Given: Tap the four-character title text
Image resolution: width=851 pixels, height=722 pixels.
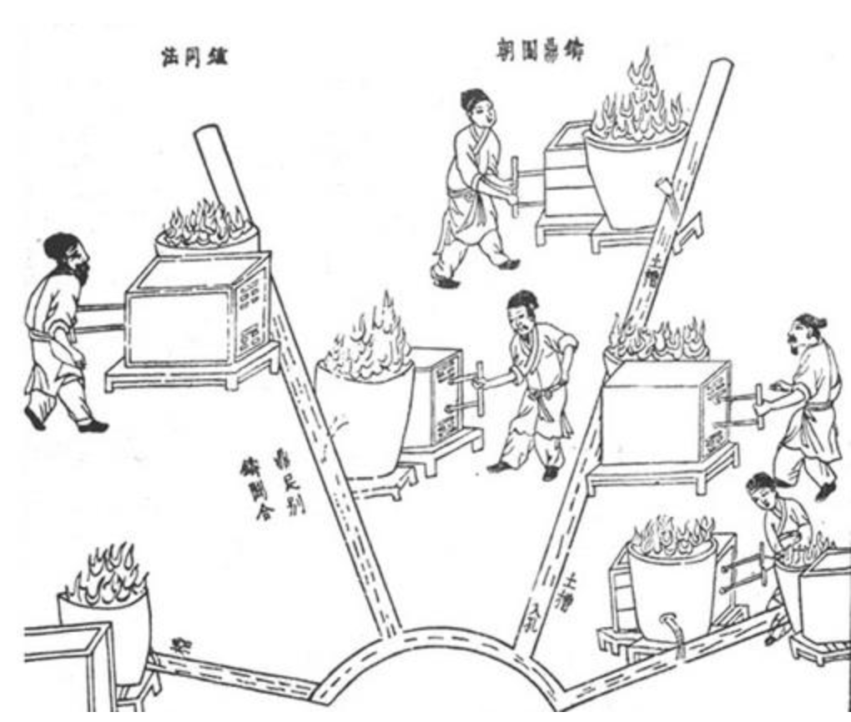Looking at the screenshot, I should tap(536, 51).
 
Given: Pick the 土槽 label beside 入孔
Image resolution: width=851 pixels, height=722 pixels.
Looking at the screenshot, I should tap(573, 589).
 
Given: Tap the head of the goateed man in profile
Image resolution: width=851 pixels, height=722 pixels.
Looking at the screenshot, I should tap(804, 333).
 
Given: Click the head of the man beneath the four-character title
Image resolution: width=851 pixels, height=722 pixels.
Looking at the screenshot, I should tap(476, 108).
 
